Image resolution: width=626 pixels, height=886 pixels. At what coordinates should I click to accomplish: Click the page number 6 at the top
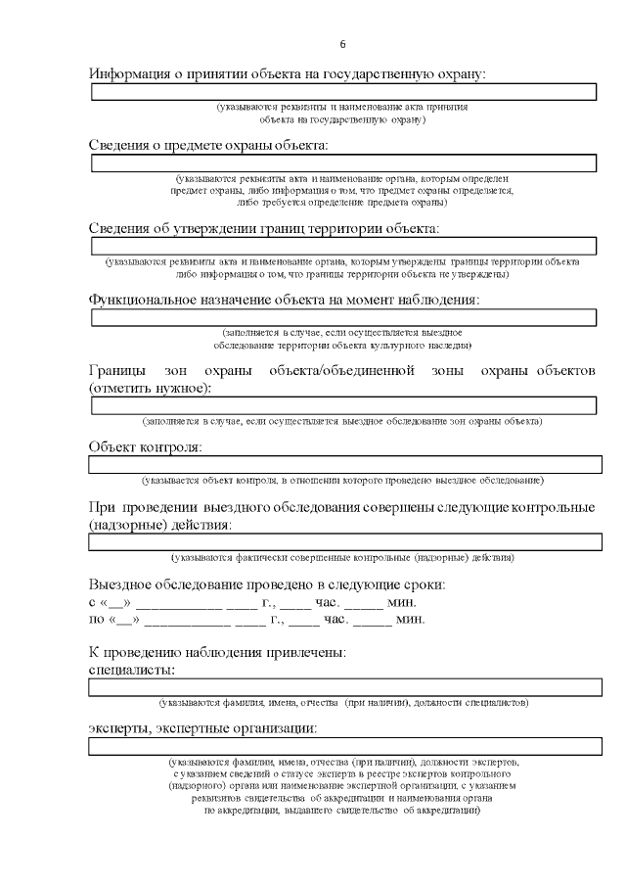click(x=342, y=44)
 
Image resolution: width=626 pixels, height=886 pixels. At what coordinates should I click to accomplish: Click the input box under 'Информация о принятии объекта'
click(x=343, y=92)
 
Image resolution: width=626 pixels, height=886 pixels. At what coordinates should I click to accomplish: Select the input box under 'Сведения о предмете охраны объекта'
click(x=343, y=163)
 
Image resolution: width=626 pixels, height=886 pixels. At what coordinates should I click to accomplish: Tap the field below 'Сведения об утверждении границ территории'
click(x=343, y=245)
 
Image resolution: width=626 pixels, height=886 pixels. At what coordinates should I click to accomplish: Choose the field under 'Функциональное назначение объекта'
click(x=343, y=317)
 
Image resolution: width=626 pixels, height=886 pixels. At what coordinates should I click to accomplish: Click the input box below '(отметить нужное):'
click(x=343, y=405)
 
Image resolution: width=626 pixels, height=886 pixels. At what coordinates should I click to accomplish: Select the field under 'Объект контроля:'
click(x=343, y=465)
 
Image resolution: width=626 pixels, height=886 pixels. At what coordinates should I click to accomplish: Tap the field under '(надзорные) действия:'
click(x=343, y=542)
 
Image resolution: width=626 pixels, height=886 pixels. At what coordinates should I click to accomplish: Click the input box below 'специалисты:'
click(x=343, y=687)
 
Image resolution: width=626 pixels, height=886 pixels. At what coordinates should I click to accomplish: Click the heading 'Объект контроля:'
click(x=145, y=447)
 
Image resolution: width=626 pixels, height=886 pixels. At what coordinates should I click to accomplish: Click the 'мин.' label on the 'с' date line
click(x=406, y=602)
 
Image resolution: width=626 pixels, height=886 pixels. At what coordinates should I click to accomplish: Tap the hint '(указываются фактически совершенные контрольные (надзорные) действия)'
click(x=342, y=558)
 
